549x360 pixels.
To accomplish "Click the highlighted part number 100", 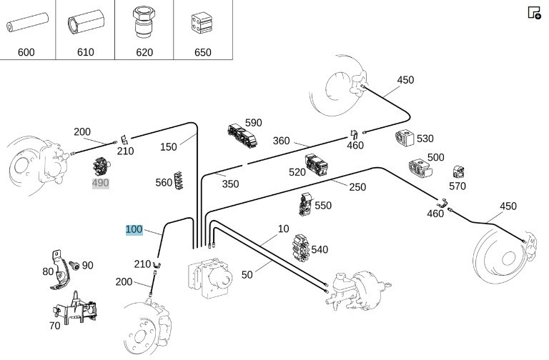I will (134, 229).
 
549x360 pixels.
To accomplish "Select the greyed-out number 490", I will (101, 184).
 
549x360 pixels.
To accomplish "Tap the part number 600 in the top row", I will (26, 52).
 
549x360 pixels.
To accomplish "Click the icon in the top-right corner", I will (534, 12).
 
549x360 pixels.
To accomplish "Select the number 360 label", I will (282, 141).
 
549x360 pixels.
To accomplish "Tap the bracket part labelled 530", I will (405, 139).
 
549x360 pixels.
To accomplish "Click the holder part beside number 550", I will (305, 204).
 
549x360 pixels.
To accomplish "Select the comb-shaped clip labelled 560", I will (179, 181).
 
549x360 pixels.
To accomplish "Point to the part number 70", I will (54, 326).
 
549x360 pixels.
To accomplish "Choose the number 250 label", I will (357, 187).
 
